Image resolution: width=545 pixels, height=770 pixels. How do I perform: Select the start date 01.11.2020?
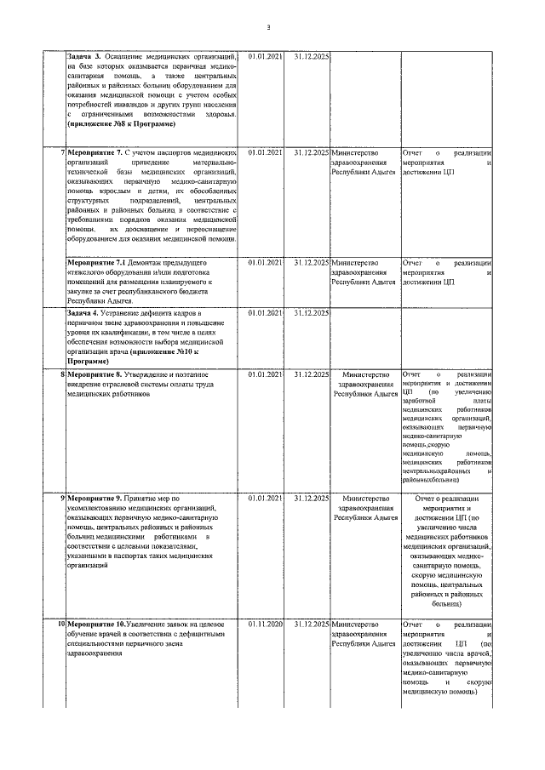point(266,625)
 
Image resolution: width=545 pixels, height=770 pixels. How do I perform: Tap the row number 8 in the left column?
point(62,374)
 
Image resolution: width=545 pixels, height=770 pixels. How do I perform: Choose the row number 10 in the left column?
point(60,625)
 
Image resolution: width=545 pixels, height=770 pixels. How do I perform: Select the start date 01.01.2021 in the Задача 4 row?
point(266,313)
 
